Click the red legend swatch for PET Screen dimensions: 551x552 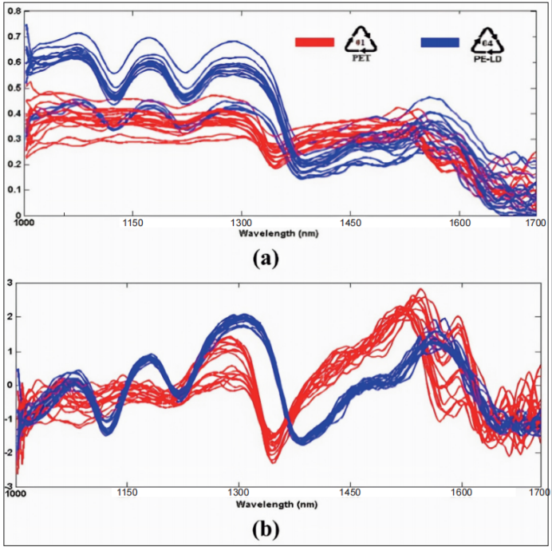pyautogui.click(x=313, y=42)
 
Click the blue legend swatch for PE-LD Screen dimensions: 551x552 pyautogui.click(x=438, y=42)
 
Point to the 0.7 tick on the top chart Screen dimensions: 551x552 pyautogui.click(x=14, y=37)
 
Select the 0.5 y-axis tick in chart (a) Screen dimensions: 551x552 pyautogui.click(x=14, y=88)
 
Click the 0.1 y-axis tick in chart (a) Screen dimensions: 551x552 pyautogui.click(x=14, y=190)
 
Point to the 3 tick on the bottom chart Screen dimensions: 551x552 pyautogui.click(x=10, y=281)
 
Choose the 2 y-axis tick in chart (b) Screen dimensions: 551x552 pyautogui.click(x=10, y=315)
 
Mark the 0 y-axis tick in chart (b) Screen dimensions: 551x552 pyautogui.click(x=10, y=383)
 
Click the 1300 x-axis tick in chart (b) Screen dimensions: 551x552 pyautogui.click(x=239, y=495)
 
